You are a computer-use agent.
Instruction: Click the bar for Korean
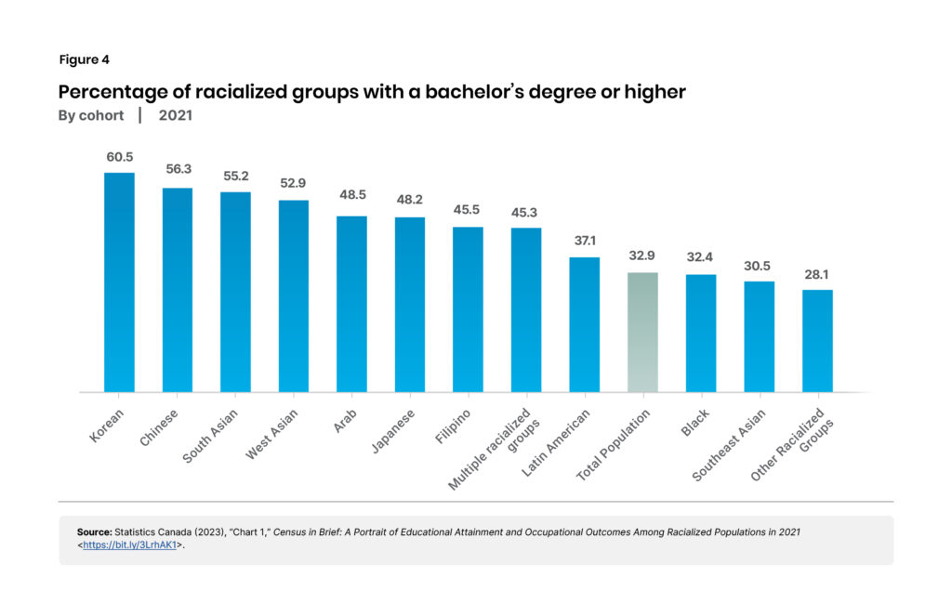(x=119, y=282)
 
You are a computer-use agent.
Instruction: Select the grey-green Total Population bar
(x=642, y=332)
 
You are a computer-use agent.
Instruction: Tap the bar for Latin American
(x=584, y=324)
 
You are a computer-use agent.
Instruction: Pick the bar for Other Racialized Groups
(x=817, y=341)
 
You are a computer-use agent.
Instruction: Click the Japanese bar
(x=410, y=304)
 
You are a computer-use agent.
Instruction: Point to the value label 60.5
(x=119, y=158)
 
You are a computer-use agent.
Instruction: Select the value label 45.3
(x=526, y=213)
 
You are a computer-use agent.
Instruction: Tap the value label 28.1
(x=817, y=275)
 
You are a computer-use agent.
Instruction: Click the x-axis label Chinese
(x=160, y=425)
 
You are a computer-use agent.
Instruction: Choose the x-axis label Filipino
(x=454, y=424)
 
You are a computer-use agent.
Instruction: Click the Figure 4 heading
(x=84, y=59)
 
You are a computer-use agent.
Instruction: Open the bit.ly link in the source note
(x=130, y=544)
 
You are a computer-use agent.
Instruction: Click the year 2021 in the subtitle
(x=176, y=115)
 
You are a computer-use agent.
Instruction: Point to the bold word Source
(x=94, y=531)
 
